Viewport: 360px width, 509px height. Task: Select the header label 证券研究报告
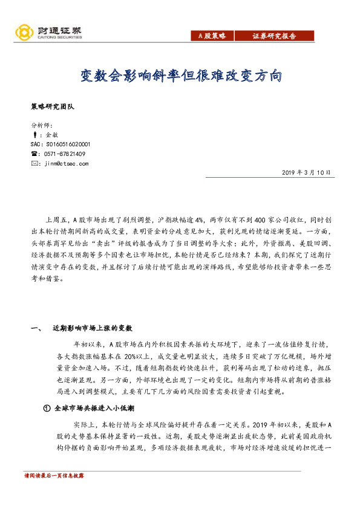274,36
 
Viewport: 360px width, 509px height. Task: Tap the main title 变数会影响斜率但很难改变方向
181,76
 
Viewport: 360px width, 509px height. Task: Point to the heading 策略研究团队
52,106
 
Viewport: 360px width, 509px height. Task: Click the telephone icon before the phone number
34,154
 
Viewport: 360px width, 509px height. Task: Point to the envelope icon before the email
34,163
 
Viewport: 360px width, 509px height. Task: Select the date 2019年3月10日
307,173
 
